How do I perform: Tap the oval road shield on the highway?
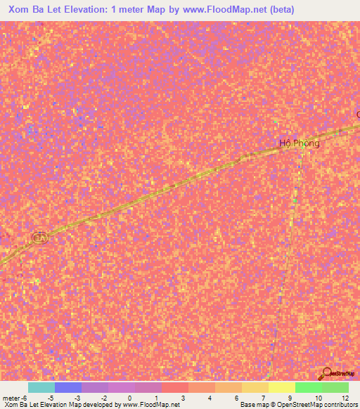39,238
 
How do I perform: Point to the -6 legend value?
24,398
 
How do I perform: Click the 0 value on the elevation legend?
129,398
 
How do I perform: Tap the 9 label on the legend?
290,398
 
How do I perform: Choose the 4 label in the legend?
210,398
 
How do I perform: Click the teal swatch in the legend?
41,387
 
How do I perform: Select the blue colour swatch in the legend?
68,387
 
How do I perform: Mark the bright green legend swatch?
309,387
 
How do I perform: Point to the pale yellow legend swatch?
281,387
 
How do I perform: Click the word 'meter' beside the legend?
10,398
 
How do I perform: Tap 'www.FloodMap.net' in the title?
217,10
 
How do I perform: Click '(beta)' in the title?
278,10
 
